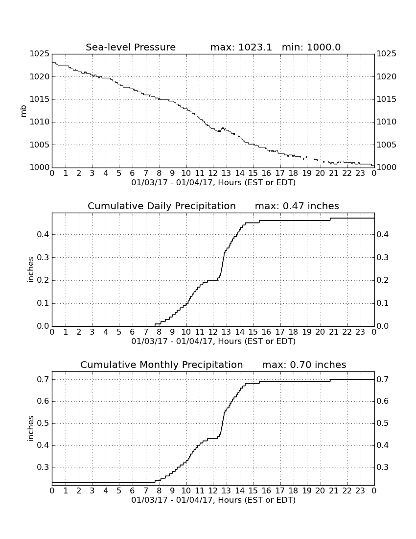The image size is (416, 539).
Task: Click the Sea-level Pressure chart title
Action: pyautogui.click(x=131, y=47)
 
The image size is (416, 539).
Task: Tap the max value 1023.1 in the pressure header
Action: pyautogui.click(x=255, y=47)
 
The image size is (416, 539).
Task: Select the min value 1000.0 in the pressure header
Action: pyautogui.click(x=324, y=47)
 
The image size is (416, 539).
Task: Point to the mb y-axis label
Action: pyautogui.click(x=23, y=111)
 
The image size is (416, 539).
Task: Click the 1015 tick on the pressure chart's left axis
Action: pyautogui.click(x=40, y=99)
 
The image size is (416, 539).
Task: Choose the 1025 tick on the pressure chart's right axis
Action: pyautogui.click(x=387, y=53)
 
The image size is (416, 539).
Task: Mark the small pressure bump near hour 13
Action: pyautogui.click(x=223, y=128)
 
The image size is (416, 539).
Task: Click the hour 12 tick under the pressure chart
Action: pyautogui.click(x=213, y=173)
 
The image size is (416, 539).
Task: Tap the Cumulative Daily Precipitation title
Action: pyautogui.click(x=162, y=206)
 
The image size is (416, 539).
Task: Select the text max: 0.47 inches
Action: pyautogui.click(x=297, y=206)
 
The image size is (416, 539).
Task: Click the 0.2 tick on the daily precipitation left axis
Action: pyautogui.click(x=43, y=280)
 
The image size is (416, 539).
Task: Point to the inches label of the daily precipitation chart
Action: pyautogui.click(x=31, y=270)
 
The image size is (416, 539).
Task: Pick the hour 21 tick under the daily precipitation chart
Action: pyautogui.click(x=334, y=332)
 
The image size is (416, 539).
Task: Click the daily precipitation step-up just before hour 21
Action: pyautogui.click(x=330, y=219)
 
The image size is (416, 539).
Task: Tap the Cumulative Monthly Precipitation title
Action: pyautogui.click(x=162, y=365)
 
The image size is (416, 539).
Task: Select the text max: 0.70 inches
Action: pyautogui.click(x=304, y=365)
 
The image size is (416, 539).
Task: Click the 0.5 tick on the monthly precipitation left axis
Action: pyautogui.click(x=43, y=423)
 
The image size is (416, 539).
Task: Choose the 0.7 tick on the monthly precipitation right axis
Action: pyautogui.click(x=383, y=379)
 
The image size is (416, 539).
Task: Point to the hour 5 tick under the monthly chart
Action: pyautogui.click(x=119, y=491)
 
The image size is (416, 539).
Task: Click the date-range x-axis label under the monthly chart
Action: pyautogui.click(x=213, y=500)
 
